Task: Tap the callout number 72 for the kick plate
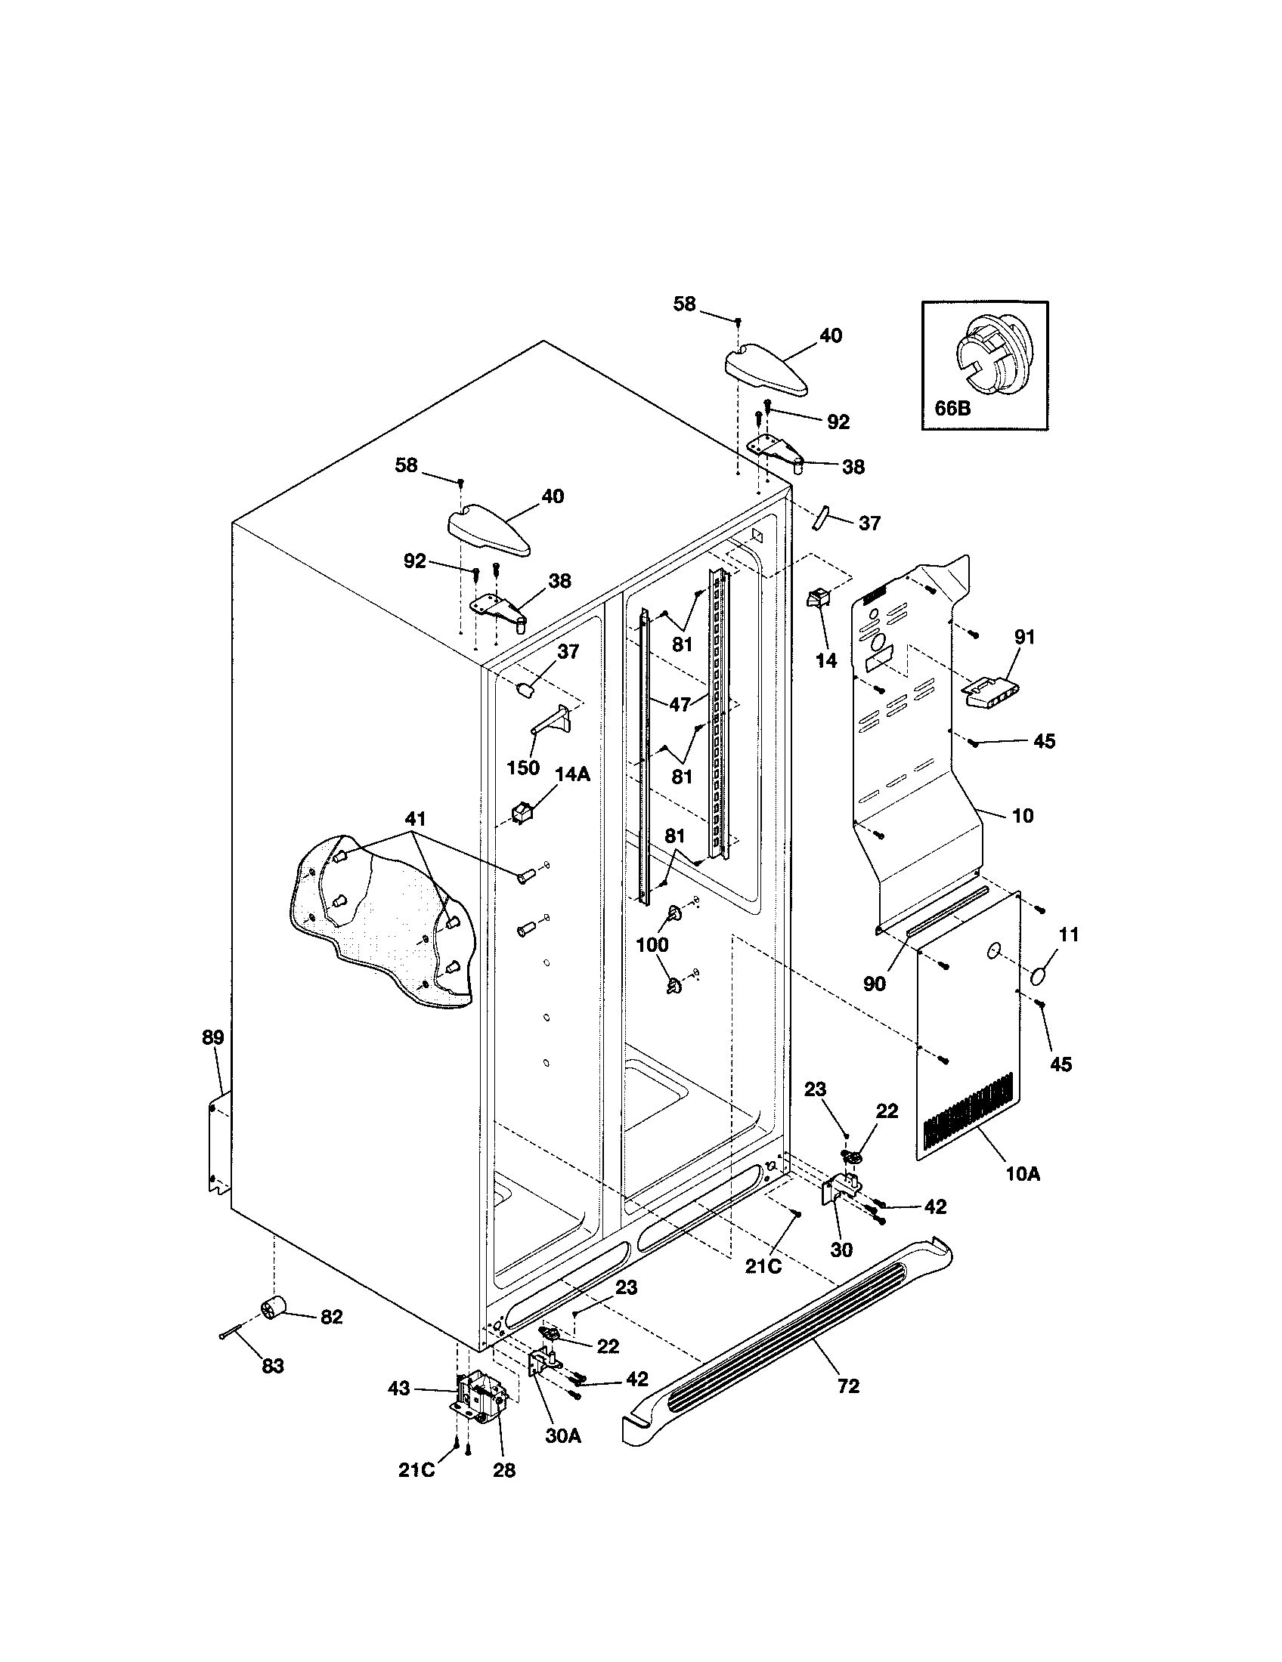[847, 1386]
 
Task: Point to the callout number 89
[213, 1037]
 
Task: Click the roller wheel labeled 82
[272, 1311]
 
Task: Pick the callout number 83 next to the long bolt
[273, 1366]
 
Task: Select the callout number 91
[1025, 638]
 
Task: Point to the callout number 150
[523, 767]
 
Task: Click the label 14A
[571, 774]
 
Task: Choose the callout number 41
[415, 819]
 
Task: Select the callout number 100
[652, 945]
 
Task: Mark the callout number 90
[875, 984]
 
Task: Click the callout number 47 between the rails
[680, 704]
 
